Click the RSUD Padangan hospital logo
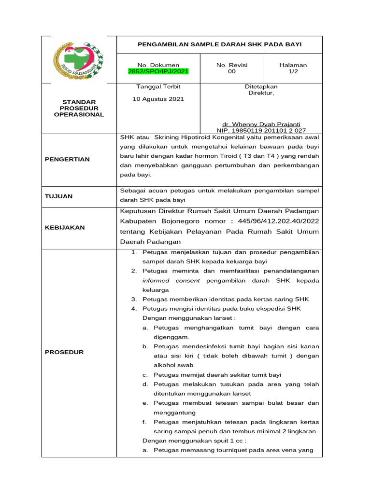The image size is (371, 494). click(x=79, y=59)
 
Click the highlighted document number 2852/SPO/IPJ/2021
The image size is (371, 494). click(x=158, y=71)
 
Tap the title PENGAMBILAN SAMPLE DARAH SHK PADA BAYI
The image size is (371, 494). click(x=219, y=44)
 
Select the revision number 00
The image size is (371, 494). click(x=232, y=71)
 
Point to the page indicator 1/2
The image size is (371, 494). click(x=293, y=71)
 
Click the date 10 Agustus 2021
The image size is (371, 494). click(x=158, y=99)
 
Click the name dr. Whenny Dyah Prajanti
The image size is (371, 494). click(x=260, y=124)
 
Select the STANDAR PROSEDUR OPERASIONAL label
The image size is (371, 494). click(x=79, y=108)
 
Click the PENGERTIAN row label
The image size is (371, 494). click(x=67, y=159)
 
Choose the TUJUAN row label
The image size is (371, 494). click(x=58, y=196)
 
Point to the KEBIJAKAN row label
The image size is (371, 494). click(x=65, y=227)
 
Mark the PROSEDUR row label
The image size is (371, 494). click(x=64, y=352)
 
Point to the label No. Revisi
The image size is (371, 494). click(x=232, y=65)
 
